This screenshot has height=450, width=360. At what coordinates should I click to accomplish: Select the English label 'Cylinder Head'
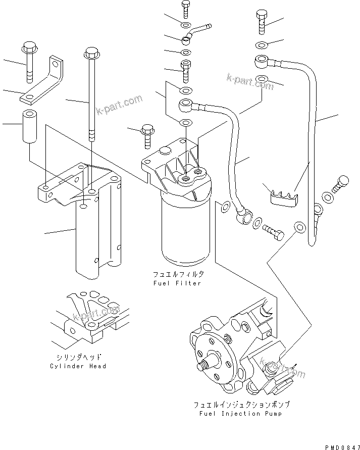78,366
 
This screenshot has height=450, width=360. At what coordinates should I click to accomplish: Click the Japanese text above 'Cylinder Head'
78,356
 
